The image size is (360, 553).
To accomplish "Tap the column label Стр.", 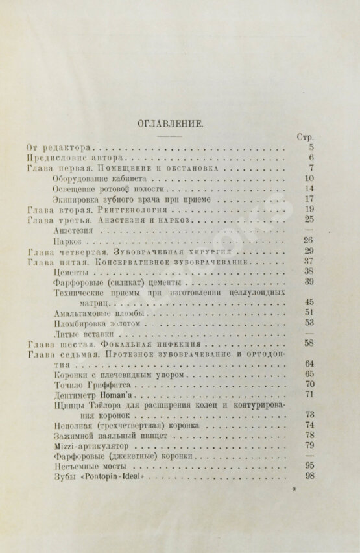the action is pyautogui.click(x=305, y=138).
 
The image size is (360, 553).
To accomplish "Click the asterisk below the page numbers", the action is pyautogui.click(x=294, y=493).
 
